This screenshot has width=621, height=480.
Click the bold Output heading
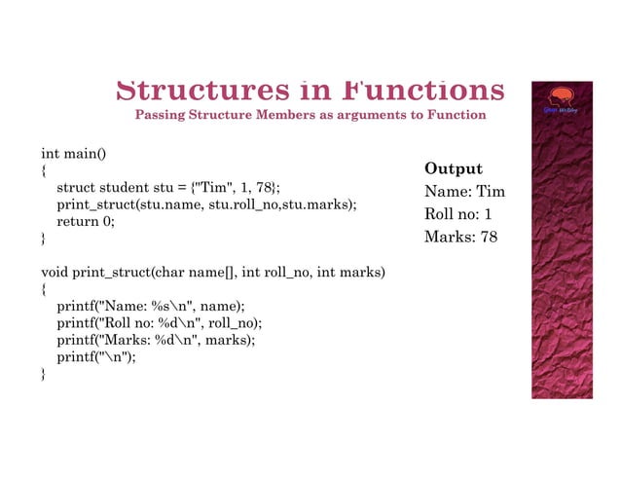coord(453,168)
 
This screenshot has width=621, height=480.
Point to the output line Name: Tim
coord(464,192)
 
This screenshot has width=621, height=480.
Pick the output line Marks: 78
coord(460,237)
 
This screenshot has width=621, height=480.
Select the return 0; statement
coord(86,221)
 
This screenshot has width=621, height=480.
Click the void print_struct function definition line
coord(213,272)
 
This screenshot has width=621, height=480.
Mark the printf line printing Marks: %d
coord(156,340)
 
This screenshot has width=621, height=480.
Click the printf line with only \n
coord(96,357)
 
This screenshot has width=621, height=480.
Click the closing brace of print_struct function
coord(43,374)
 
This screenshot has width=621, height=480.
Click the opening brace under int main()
coord(43,170)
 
